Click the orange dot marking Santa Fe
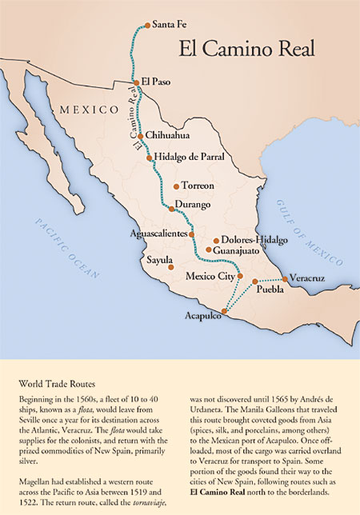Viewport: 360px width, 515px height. pyautogui.click(x=146, y=26)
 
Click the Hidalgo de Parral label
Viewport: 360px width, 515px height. pyautogui.click(x=190, y=158)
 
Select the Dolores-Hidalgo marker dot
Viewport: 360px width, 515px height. pyautogui.click(x=216, y=240)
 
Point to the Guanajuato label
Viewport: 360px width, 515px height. pyautogui.click(x=238, y=250)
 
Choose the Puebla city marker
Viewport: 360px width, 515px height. pyautogui.click(x=255, y=281)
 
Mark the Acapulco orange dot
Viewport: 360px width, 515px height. pyautogui.click(x=225, y=313)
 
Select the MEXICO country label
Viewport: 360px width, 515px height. pyautogui.click(x=82, y=108)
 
